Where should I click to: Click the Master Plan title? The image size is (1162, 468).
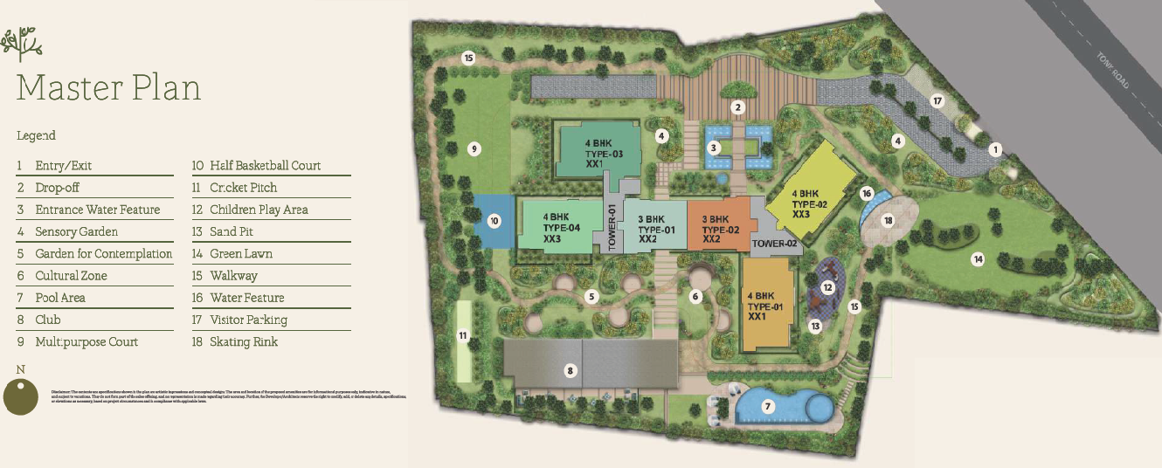(108, 88)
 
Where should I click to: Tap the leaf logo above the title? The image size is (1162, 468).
(22, 44)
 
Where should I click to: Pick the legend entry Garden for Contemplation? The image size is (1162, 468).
(103, 254)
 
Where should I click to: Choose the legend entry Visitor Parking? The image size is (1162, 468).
(248, 320)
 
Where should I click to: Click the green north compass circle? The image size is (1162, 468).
(22, 397)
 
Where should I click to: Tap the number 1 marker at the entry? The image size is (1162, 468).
(994, 149)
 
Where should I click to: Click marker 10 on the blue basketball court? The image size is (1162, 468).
(494, 221)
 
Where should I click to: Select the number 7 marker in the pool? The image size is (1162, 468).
(768, 406)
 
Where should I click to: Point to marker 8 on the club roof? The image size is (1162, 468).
(570, 371)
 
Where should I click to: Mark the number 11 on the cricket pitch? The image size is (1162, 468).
(464, 334)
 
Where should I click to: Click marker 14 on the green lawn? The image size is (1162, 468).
(979, 258)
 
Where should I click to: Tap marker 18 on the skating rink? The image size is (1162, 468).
(889, 221)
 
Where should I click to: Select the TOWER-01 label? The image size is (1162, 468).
(612, 226)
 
